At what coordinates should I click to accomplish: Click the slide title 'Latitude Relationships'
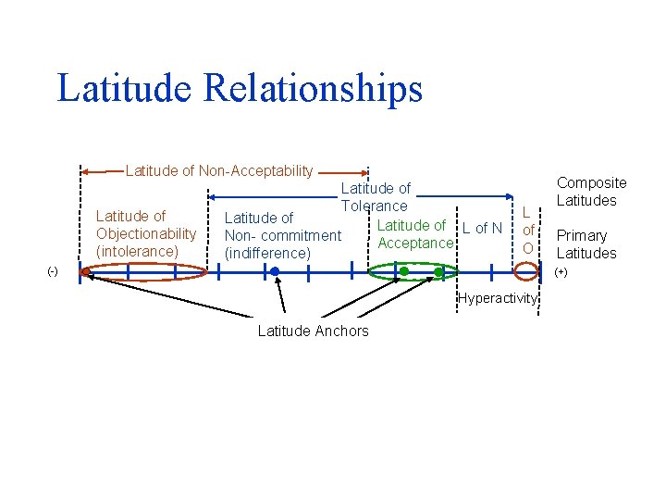[240, 89]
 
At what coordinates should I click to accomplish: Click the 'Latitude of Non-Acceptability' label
[219, 170]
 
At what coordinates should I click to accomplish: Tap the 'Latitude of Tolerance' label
[375, 197]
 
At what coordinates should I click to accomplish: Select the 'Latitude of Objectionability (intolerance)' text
[146, 233]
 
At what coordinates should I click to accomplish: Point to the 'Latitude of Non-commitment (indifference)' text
[282, 235]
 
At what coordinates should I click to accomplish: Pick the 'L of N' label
[482, 229]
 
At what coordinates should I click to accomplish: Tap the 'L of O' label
[527, 230]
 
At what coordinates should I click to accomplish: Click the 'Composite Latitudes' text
[591, 192]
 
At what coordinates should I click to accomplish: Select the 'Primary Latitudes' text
[586, 244]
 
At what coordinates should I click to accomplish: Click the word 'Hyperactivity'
[497, 298]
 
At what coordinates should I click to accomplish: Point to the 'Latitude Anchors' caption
[313, 331]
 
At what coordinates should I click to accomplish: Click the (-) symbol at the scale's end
[53, 272]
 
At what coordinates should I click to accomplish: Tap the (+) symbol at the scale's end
[561, 272]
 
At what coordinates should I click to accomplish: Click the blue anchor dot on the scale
[275, 271]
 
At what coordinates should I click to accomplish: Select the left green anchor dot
[404, 271]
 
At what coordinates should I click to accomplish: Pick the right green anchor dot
[438, 271]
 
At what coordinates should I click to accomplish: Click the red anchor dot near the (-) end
[86, 271]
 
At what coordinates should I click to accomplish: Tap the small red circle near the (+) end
[526, 271]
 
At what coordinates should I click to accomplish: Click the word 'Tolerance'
[375, 206]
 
